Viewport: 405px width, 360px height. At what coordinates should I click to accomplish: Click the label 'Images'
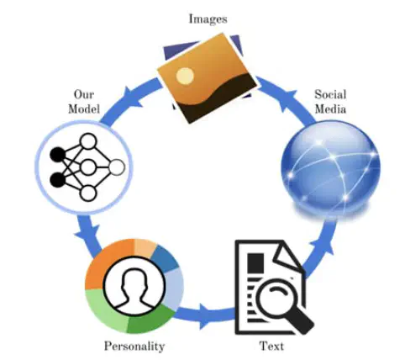(208, 19)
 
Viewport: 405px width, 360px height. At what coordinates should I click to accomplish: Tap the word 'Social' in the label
(330, 94)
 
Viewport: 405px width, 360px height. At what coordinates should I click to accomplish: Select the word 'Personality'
(134, 347)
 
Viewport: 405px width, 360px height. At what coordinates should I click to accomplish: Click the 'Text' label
(271, 346)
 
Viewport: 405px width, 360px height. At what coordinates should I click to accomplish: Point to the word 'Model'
(84, 109)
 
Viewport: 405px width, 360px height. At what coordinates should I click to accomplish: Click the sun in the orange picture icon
(185, 76)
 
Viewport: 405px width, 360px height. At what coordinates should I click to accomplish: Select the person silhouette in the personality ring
(134, 288)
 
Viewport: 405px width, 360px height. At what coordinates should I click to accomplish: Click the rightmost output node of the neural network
(117, 167)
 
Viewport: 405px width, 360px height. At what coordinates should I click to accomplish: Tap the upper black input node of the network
(58, 155)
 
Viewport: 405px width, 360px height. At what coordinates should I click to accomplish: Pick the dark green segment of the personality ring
(149, 320)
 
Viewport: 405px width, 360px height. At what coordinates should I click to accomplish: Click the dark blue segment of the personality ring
(164, 257)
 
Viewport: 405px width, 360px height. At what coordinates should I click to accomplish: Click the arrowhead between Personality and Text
(206, 315)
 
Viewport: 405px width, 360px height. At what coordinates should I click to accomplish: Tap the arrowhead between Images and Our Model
(133, 97)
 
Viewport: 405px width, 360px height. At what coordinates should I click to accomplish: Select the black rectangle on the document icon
(255, 263)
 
